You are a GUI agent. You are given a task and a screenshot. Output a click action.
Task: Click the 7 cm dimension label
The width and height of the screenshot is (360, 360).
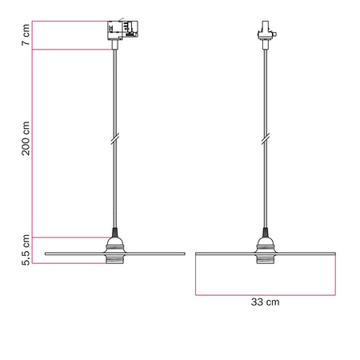26,36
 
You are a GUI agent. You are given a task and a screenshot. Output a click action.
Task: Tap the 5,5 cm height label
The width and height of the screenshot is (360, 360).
26,249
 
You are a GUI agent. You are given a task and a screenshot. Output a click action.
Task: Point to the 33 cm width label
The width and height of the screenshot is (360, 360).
266,302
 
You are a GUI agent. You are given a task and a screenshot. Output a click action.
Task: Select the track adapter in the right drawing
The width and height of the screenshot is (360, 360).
265,33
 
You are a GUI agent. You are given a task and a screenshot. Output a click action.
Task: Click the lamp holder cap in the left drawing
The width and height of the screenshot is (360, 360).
115,242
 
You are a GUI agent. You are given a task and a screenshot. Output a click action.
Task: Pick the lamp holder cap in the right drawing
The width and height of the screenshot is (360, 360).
265,242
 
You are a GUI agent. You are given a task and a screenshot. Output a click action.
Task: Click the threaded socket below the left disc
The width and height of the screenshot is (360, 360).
115,260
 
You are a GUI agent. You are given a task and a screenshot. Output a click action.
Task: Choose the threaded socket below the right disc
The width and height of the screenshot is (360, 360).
265,260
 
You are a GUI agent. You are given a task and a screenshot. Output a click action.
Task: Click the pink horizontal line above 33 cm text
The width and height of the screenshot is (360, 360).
265,294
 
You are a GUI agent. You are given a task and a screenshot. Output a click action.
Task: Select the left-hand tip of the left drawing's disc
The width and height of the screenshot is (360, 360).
46,254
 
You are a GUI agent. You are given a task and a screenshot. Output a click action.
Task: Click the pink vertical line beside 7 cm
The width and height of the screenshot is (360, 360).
33,36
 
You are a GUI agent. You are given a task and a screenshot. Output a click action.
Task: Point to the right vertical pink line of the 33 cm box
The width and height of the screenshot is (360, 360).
335,276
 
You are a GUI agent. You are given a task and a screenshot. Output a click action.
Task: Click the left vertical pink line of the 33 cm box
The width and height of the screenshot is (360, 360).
195,276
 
